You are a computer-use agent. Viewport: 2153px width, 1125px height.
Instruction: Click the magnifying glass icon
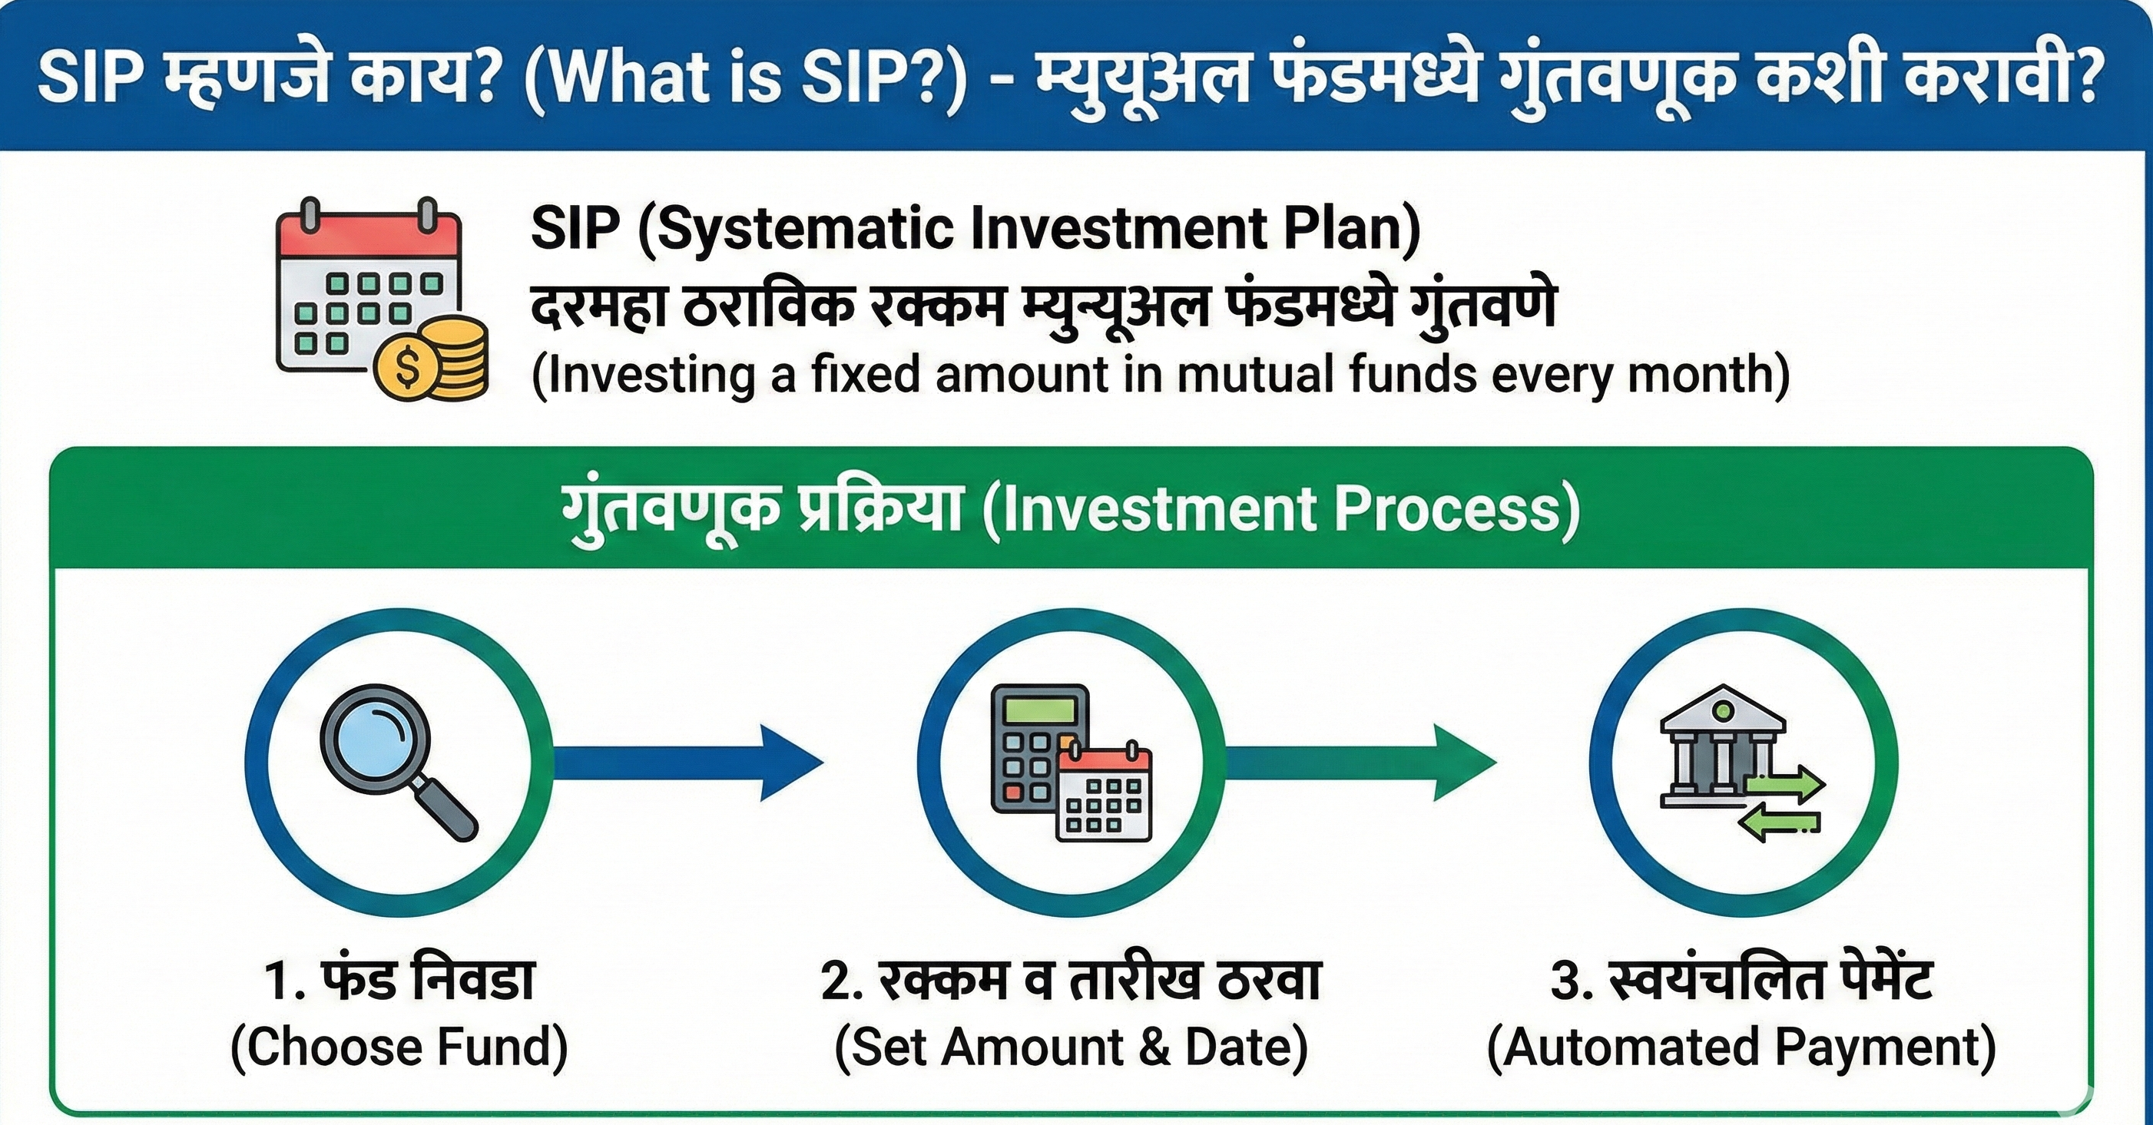[x=398, y=759]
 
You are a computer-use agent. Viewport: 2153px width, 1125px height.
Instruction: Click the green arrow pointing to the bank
[x=1359, y=763]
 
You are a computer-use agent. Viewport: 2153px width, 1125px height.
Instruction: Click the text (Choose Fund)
[x=399, y=1047]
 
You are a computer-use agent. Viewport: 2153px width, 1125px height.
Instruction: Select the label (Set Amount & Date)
[x=1071, y=1047]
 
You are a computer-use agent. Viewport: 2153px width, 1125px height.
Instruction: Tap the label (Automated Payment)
[x=1741, y=1047]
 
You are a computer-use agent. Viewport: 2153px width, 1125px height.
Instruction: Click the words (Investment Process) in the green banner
[x=1281, y=510]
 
